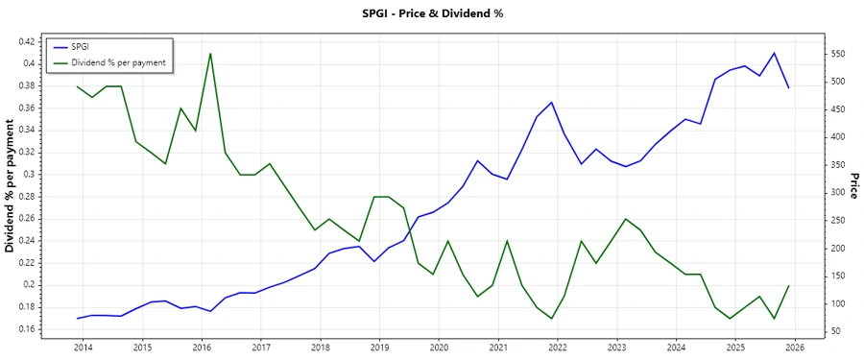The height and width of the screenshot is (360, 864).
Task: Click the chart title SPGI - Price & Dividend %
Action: point(431,13)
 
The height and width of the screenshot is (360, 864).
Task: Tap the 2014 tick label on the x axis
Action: point(83,348)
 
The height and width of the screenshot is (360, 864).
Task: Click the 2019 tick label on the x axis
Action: point(379,348)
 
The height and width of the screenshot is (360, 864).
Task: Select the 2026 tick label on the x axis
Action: point(795,348)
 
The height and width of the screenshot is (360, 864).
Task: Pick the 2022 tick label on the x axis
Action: point(558,348)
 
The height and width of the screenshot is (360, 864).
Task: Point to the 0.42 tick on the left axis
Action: point(25,41)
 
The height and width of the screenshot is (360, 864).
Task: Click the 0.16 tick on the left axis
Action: point(25,329)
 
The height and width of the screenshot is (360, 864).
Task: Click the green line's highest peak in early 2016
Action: point(210,54)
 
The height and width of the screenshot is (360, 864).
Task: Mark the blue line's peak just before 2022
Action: point(552,103)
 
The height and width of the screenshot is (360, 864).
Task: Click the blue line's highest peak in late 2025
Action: point(774,53)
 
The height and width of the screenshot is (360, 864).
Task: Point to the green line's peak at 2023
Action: point(626,219)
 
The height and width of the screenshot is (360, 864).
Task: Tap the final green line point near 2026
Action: point(789,285)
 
